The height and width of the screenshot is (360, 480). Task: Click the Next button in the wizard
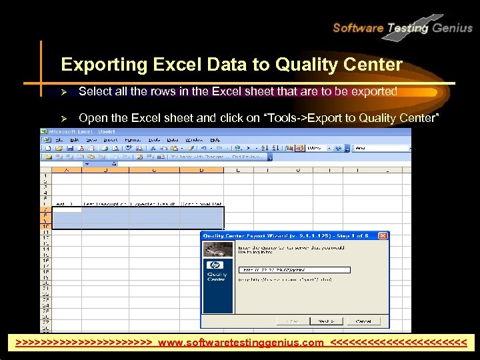click(325, 321)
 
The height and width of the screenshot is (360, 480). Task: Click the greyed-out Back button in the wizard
click(287, 321)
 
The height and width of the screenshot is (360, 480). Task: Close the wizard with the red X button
click(382, 235)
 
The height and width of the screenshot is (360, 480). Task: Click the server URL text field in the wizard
click(293, 270)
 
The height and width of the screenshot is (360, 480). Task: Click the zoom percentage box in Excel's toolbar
click(317, 147)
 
